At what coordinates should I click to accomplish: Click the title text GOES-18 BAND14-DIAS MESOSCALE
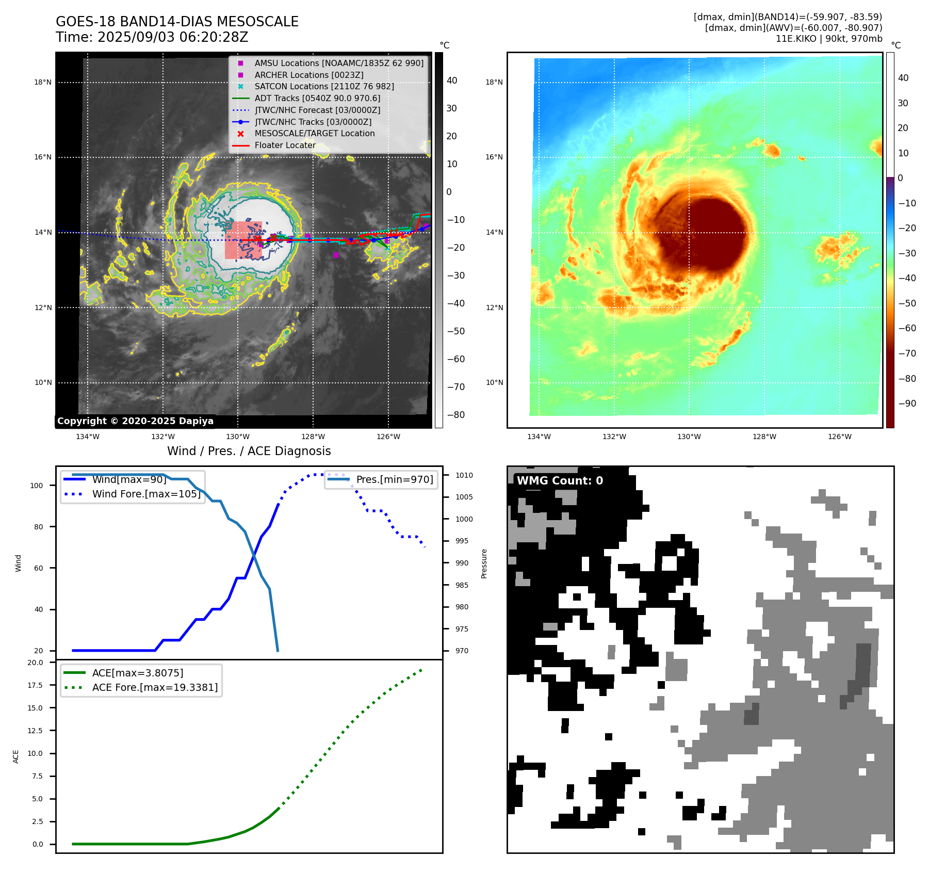177,22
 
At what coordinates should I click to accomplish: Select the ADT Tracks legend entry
317,98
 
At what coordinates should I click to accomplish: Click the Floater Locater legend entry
285,145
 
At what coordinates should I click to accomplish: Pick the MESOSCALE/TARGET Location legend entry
314,133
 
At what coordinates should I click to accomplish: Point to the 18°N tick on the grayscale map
43,82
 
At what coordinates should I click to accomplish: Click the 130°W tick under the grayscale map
238,437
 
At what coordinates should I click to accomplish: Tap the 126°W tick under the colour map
839,437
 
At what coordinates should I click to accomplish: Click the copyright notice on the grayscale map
135,421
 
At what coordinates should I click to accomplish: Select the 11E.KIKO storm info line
828,39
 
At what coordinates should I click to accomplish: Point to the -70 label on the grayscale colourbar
455,387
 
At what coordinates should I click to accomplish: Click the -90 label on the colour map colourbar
907,403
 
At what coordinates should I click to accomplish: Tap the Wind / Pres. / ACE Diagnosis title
249,451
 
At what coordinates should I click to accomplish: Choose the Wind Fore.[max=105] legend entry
146,494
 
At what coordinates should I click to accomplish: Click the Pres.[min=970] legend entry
394,479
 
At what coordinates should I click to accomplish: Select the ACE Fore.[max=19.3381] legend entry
155,687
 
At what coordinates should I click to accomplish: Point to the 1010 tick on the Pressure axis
464,475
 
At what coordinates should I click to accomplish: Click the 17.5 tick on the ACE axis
35,685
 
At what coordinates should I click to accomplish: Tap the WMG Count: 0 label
560,480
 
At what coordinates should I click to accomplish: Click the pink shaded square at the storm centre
243,240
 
